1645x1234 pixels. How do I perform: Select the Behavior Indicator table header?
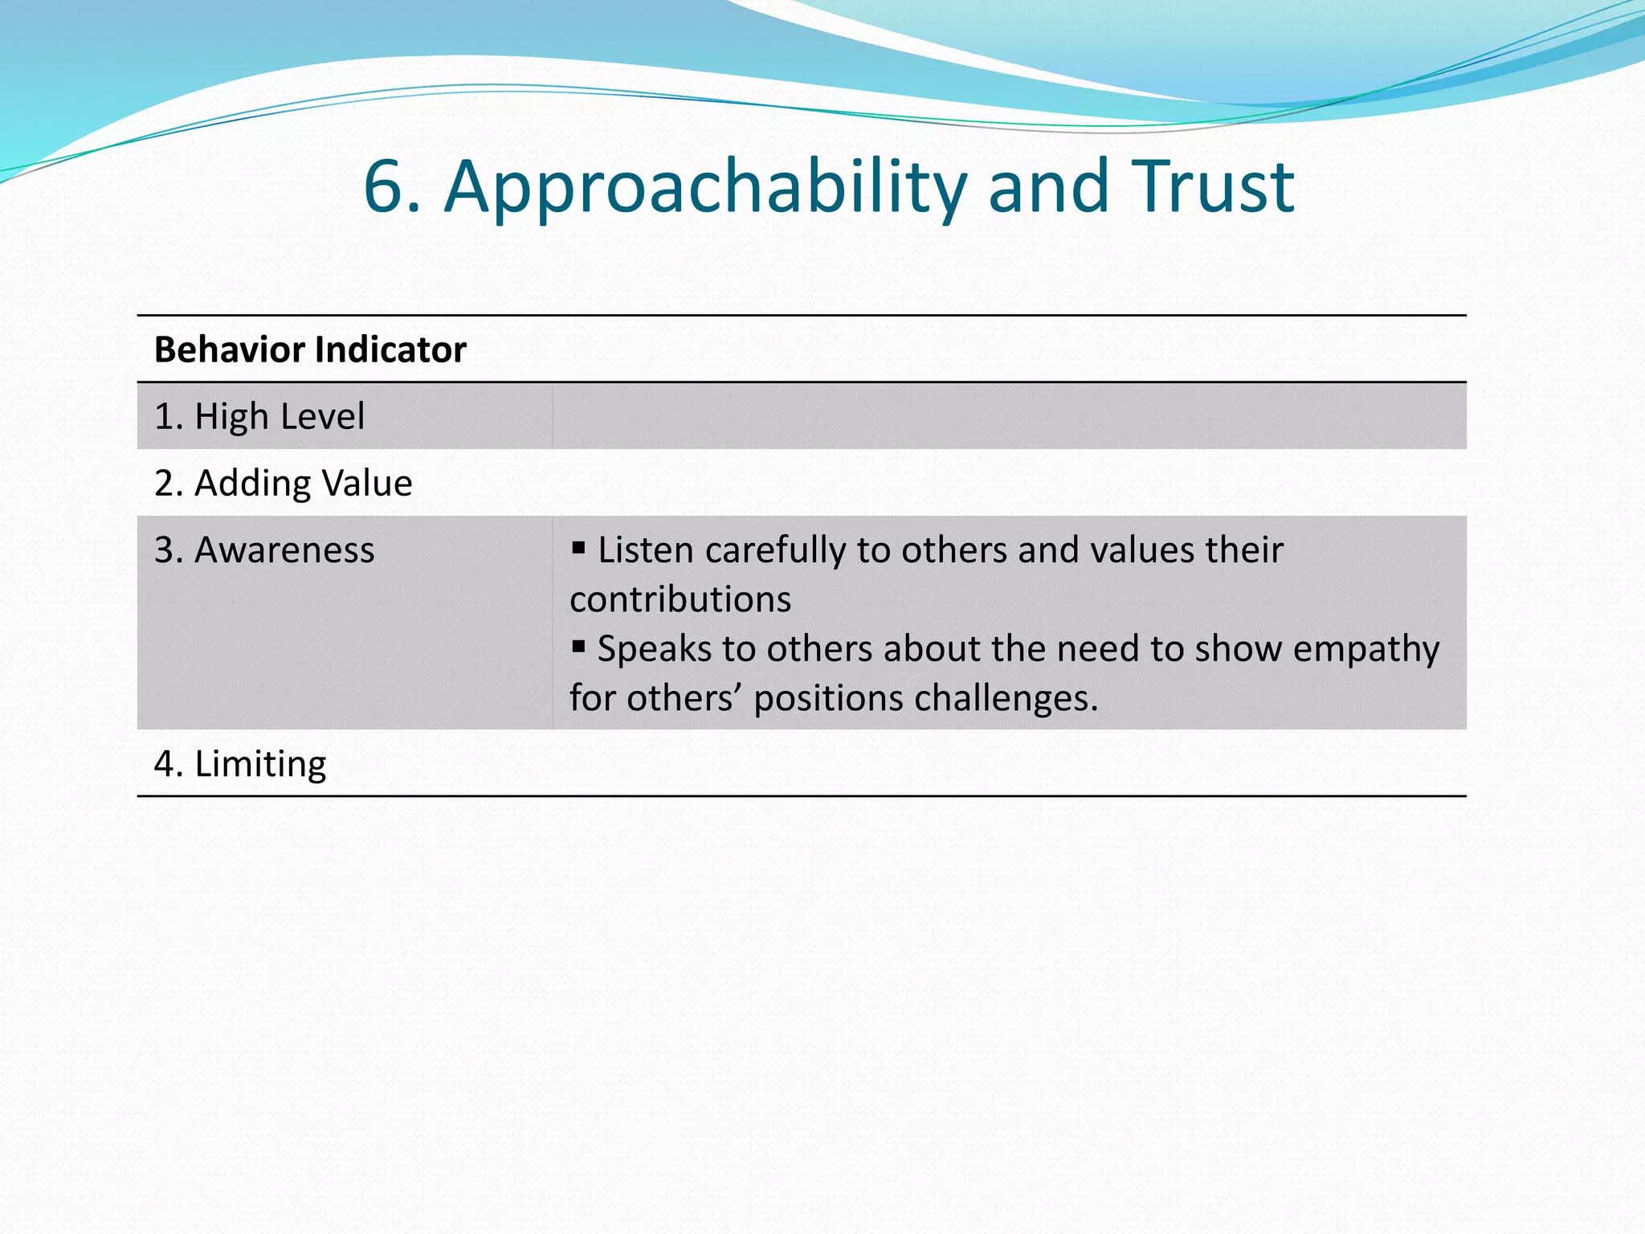point(310,349)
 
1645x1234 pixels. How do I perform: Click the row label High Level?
point(259,416)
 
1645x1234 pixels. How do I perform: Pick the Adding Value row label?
point(284,483)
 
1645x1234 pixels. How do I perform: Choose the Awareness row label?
point(264,550)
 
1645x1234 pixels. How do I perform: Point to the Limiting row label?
point(240,764)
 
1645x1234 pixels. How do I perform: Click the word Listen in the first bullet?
point(645,550)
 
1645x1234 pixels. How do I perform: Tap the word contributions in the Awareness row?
point(680,599)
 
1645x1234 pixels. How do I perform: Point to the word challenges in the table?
point(1006,699)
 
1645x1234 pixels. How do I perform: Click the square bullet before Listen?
point(578,548)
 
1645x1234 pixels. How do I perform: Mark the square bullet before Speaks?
point(578,646)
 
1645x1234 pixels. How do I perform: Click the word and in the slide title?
point(1048,187)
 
